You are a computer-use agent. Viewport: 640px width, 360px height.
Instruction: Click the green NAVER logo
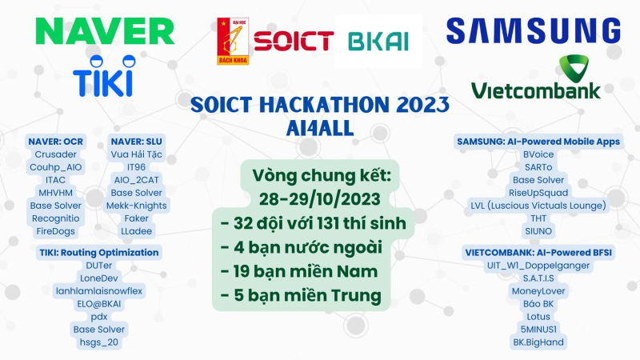[x=105, y=31]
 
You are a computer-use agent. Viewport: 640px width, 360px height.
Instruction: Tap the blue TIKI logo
[x=104, y=76]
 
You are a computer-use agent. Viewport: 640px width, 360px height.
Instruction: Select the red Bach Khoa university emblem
[x=233, y=42]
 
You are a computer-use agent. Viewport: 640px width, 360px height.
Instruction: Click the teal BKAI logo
[x=378, y=42]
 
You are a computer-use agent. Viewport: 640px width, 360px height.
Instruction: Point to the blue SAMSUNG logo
[x=534, y=30]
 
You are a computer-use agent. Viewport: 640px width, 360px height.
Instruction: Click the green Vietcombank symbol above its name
[x=574, y=68]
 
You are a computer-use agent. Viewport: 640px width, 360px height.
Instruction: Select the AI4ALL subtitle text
[x=319, y=128]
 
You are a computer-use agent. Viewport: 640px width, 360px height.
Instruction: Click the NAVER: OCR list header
[x=55, y=142]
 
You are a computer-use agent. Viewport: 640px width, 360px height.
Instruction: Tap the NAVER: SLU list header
[x=136, y=142]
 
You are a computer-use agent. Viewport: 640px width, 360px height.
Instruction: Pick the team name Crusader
[x=55, y=154]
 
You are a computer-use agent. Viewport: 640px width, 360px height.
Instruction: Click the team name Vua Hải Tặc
[x=136, y=154]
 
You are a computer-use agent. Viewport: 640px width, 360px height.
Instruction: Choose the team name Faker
[x=136, y=218]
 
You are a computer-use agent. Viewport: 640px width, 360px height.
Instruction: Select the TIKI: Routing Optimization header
[x=98, y=253]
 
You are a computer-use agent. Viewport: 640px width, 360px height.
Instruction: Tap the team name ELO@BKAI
[x=98, y=304]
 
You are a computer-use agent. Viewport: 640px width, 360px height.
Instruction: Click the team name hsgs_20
[x=98, y=342]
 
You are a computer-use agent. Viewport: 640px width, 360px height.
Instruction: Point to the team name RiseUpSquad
[x=538, y=193]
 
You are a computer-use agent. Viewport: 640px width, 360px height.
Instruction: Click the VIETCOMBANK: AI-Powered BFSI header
[x=538, y=253]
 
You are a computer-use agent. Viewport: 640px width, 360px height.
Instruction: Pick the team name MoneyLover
[x=538, y=291]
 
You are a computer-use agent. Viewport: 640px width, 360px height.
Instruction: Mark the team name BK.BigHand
[x=538, y=342]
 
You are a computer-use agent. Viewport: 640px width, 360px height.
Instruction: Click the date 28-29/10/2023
[x=319, y=199]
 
